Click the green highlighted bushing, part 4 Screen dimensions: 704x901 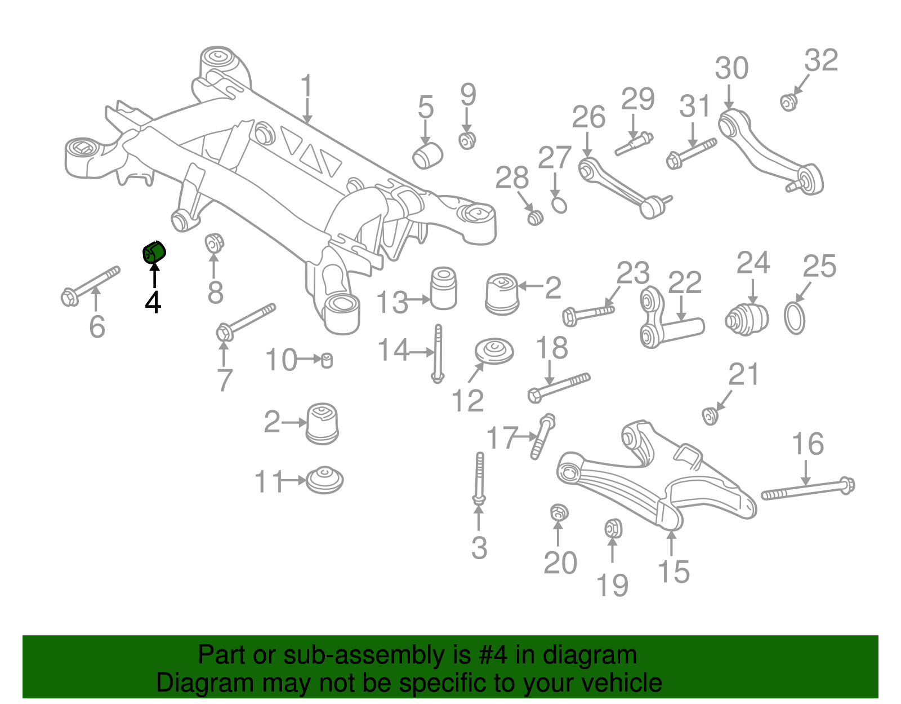click(153, 252)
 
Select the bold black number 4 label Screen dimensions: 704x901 click(153, 302)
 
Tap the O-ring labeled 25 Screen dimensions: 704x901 click(795, 318)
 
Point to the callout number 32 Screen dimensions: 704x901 click(821, 60)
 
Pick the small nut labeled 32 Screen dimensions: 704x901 click(788, 103)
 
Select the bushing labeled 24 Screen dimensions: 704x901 click(747, 319)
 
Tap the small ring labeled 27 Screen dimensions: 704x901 click(559, 205)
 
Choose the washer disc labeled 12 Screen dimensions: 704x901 click(494, 351)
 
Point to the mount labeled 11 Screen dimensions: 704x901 click(325, 480)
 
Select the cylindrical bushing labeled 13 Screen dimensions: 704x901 click(443, 288)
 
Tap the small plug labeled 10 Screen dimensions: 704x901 click(326, 360)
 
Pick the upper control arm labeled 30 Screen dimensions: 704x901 click(769, 149)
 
